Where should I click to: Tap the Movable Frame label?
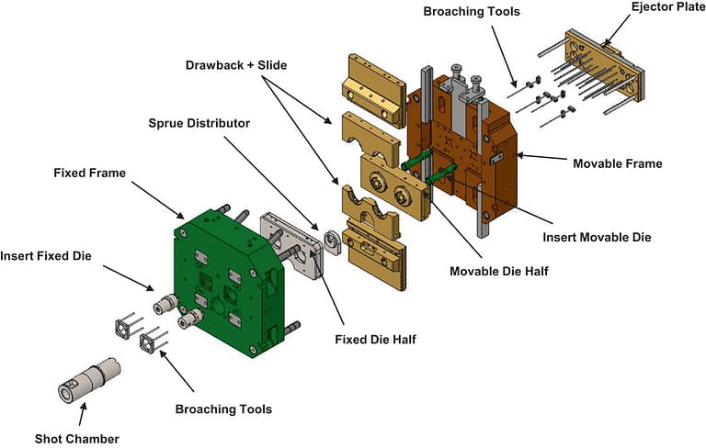(617, 163)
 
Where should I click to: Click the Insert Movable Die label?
(597, 237)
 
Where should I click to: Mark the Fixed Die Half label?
(374, 339)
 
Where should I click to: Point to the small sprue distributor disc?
(328, 244)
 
